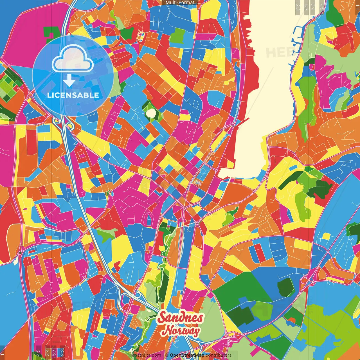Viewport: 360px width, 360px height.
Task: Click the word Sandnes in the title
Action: (180, 318)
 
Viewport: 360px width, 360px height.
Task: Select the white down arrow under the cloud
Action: (69, 81)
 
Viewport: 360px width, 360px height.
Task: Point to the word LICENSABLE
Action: (73, 95)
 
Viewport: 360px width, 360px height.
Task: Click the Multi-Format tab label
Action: (180, 3)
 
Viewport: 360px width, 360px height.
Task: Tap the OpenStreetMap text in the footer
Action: (187, 355)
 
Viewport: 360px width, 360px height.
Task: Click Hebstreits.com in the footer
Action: (145, 355)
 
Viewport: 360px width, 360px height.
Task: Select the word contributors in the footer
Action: (219, 355)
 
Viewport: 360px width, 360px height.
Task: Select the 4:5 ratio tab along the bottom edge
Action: (38, 352)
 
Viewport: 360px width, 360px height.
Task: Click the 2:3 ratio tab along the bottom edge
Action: (62, 352)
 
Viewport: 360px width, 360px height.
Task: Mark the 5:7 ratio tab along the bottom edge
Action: (54, 352)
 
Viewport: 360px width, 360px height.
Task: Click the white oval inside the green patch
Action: (151, 113)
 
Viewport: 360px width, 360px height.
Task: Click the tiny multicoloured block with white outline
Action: (141, 36)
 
